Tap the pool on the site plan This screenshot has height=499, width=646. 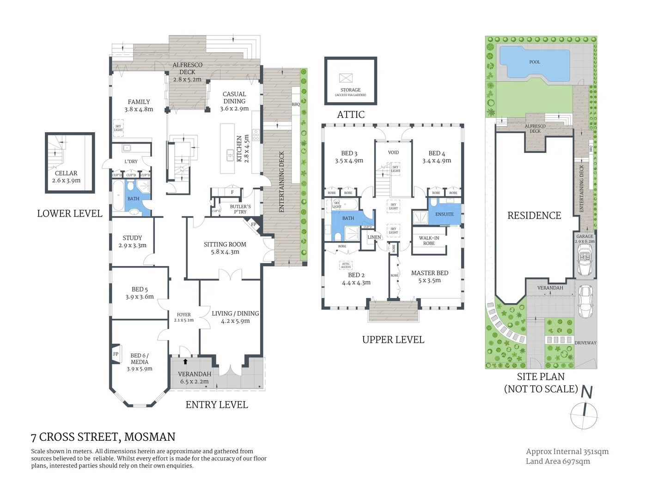535,63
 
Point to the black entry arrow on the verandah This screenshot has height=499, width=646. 185,362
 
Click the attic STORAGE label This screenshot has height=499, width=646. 350,90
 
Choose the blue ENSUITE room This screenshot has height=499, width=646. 445,214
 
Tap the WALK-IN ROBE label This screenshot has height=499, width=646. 429,241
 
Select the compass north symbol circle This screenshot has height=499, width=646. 584,415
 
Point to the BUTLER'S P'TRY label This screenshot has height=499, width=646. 240,209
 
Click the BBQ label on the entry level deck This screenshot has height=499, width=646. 296,104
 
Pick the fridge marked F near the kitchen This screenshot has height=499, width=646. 232,192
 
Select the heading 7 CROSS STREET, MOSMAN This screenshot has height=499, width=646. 103,437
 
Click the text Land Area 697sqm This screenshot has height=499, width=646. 558,461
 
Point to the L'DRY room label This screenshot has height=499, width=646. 131,161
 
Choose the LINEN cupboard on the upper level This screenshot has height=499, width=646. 374,237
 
